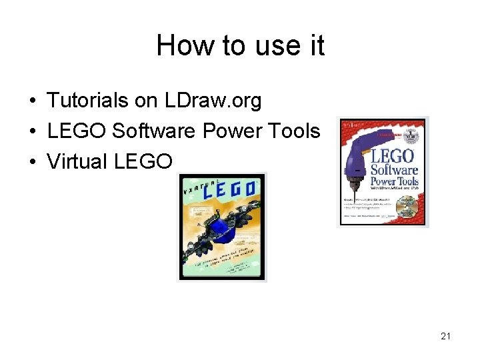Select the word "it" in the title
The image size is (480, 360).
tap(316, 46)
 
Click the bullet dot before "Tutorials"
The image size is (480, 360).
tap(32, 101)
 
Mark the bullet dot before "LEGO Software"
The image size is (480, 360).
tap(32, 132)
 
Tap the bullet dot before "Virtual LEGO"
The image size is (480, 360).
tap(32, 162)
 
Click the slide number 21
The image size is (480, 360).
tap(445, 336)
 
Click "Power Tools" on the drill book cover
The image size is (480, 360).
tap(394, 181)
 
